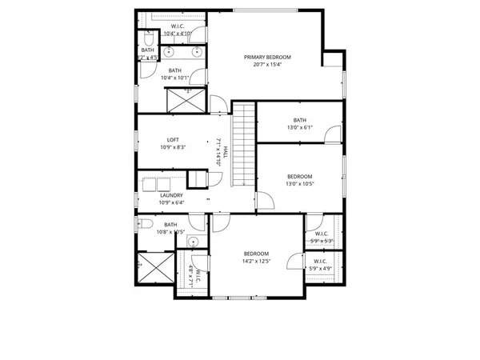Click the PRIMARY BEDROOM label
point(267,58)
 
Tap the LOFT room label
point(173,140)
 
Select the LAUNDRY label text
point(171,195)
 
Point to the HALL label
point(226,151)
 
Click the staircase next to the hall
point(244,145)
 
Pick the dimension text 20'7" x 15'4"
point(267,66)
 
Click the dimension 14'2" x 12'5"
point(257,262)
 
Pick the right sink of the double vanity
point(197,53)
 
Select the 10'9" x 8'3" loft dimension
point(173,148)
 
